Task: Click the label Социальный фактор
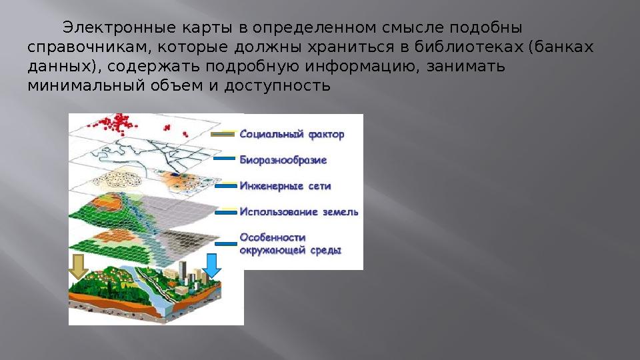pyautogui.click(x=291, y=135)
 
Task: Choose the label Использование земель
pyautogui.click(x=298, y=212)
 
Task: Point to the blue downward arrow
pyautogui.click(x=211, y=265)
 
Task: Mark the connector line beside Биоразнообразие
pyautogui.click(x=225, y=159)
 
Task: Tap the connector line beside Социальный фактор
pyautogui.click(x=223, y=134)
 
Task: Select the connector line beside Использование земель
pyautogui.click(x=225, y=213)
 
